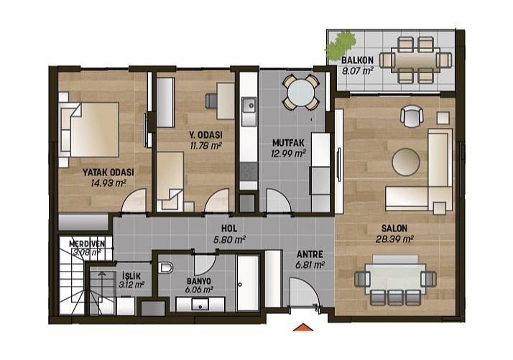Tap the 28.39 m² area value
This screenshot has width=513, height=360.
[x=394, y=239]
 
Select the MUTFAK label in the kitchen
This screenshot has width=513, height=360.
[x=288, y=143]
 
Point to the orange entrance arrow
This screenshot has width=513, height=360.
[x=303, y=327]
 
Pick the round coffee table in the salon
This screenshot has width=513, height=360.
[x=406, y=162]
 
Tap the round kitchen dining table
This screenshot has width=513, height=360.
[x=300, y=92]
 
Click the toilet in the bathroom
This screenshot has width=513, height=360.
[x=165, y=268]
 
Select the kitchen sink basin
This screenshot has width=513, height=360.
[x=249, y=106]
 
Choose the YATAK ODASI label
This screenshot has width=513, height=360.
[x=108, y=172]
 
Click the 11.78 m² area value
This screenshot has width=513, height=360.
[x=205, y=146]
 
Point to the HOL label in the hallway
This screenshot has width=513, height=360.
[x=229, y=229]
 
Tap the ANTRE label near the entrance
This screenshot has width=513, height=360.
[x=310, y=254]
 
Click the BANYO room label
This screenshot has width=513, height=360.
[x=199, y=281]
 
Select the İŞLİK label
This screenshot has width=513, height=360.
[x=131, y=276]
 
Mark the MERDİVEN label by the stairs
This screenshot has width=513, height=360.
[x=87, y=244]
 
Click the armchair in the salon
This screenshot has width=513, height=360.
[x=412, y=116]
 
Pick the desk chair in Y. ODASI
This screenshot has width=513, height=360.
[x=211, y=101]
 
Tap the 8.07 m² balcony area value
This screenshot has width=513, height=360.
[x=357, y=70]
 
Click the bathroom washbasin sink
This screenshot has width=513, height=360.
[x=200, y=305]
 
